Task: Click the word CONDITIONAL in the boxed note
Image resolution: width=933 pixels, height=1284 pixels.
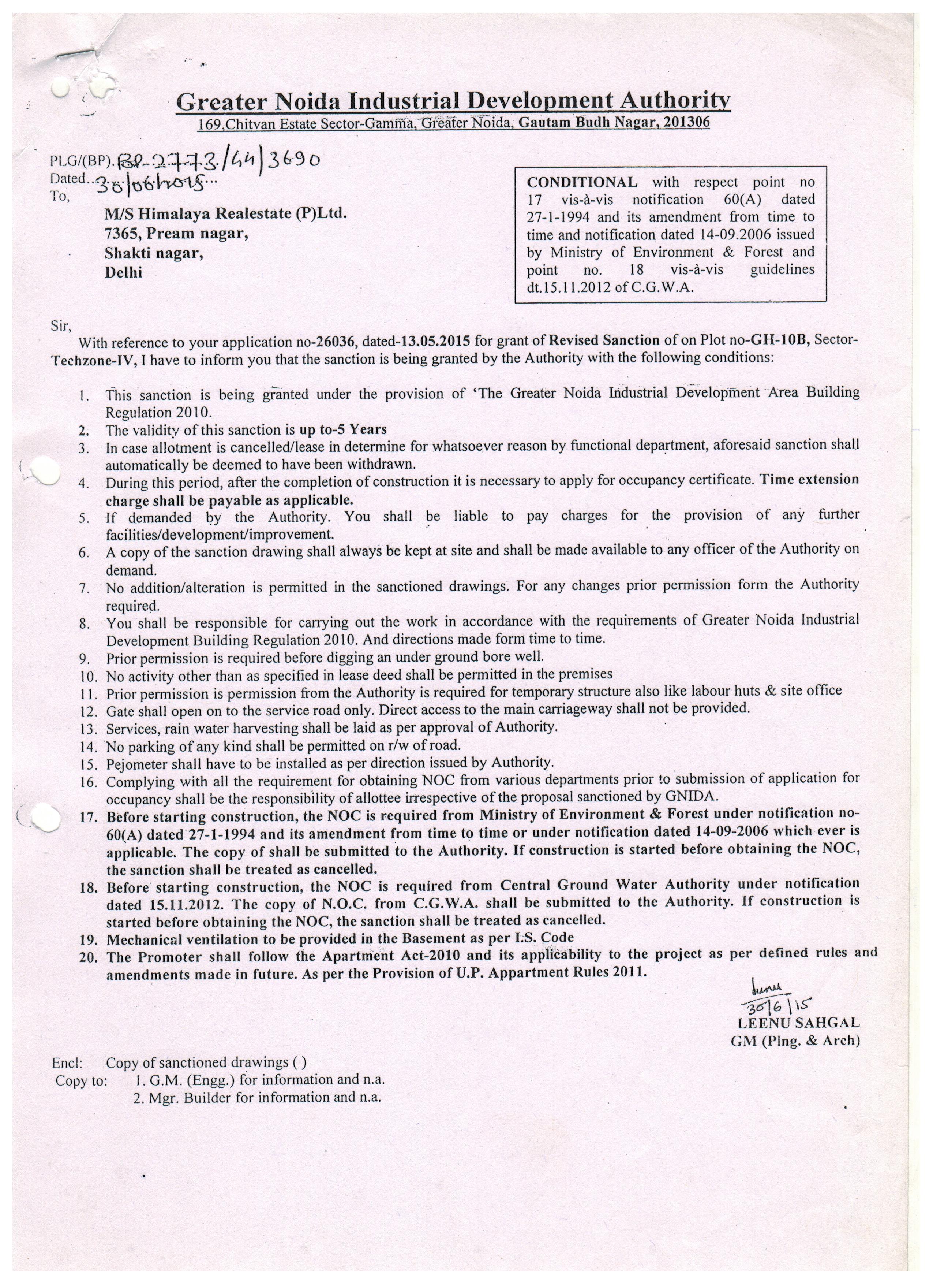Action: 582,182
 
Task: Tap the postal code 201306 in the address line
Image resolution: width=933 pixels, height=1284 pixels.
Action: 687,122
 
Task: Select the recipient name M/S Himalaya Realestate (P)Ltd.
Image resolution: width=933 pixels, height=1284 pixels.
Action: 225,214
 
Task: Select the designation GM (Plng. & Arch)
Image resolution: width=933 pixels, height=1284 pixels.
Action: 795,1041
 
